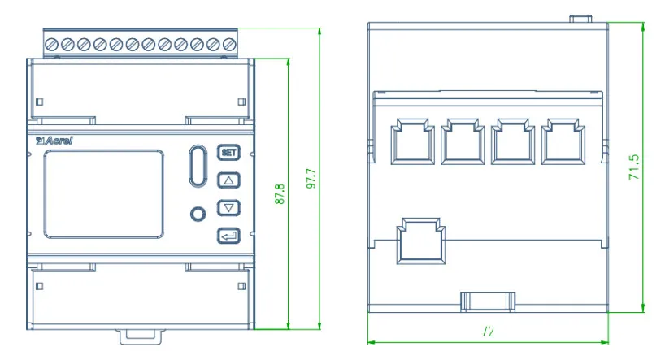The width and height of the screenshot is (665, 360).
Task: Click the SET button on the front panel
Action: pos(229,152)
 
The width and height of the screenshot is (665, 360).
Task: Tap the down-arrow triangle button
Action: pos(229,208)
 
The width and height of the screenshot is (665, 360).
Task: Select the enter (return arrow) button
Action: pos(229,236)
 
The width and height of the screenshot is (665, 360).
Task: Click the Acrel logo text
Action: pos(54,141)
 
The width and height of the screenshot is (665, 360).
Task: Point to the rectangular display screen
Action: pos(103,192)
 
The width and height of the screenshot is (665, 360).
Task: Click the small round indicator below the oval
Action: pos(196,215)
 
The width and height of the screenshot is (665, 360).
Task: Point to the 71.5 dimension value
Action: pos(635,167)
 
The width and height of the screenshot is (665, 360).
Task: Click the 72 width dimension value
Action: pos(489,332)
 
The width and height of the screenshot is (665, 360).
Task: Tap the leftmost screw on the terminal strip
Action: pos(54,43)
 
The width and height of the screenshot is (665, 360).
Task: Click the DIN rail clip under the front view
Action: pos(143,333)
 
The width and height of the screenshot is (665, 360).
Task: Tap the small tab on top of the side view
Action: pos(580,18)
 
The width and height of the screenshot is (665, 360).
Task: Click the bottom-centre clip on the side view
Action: pos(489,300)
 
